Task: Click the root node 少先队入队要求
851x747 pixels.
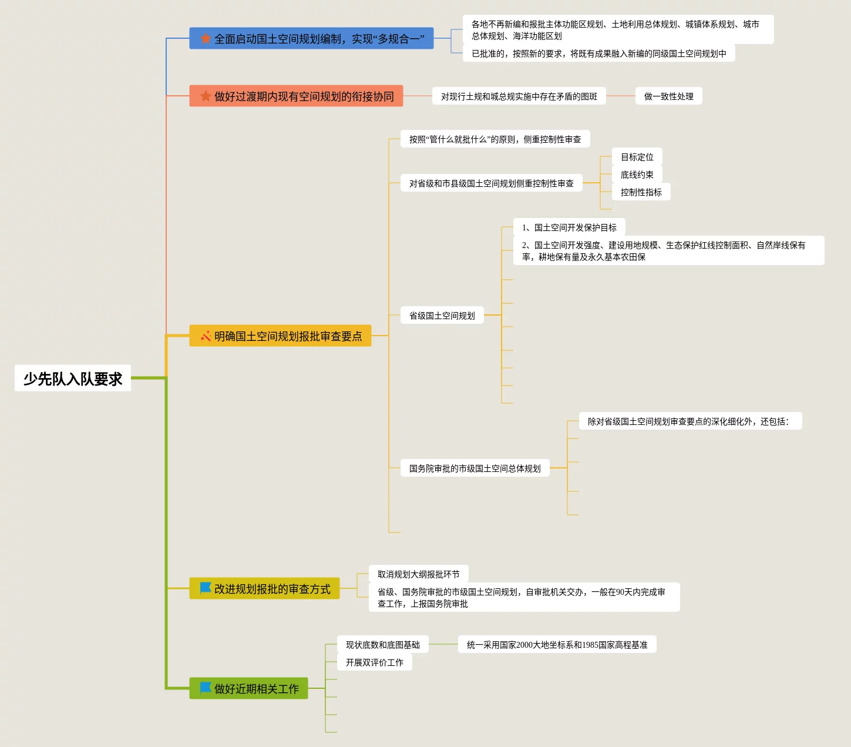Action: pos(73,378)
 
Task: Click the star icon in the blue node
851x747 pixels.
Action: pos(206,39)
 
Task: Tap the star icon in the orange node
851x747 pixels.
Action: pos(206,96)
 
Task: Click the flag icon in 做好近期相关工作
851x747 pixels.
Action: pos(206,688)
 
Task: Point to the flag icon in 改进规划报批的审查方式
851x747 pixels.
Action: pos(206,588)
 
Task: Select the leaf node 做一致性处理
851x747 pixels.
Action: pos(668,96)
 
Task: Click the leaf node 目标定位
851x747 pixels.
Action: pos(637,157)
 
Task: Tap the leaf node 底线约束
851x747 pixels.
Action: pos(637,175)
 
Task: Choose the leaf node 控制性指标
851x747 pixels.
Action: pos(641,192)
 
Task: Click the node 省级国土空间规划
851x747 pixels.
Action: pos(442,316)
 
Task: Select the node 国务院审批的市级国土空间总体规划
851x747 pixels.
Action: pos(475,468)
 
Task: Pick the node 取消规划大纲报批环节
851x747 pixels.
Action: pos(418,574)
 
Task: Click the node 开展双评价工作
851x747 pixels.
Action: pos(374,662)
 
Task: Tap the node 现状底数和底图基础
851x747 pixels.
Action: pos(382,645)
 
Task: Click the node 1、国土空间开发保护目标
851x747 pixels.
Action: pos(569,227)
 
